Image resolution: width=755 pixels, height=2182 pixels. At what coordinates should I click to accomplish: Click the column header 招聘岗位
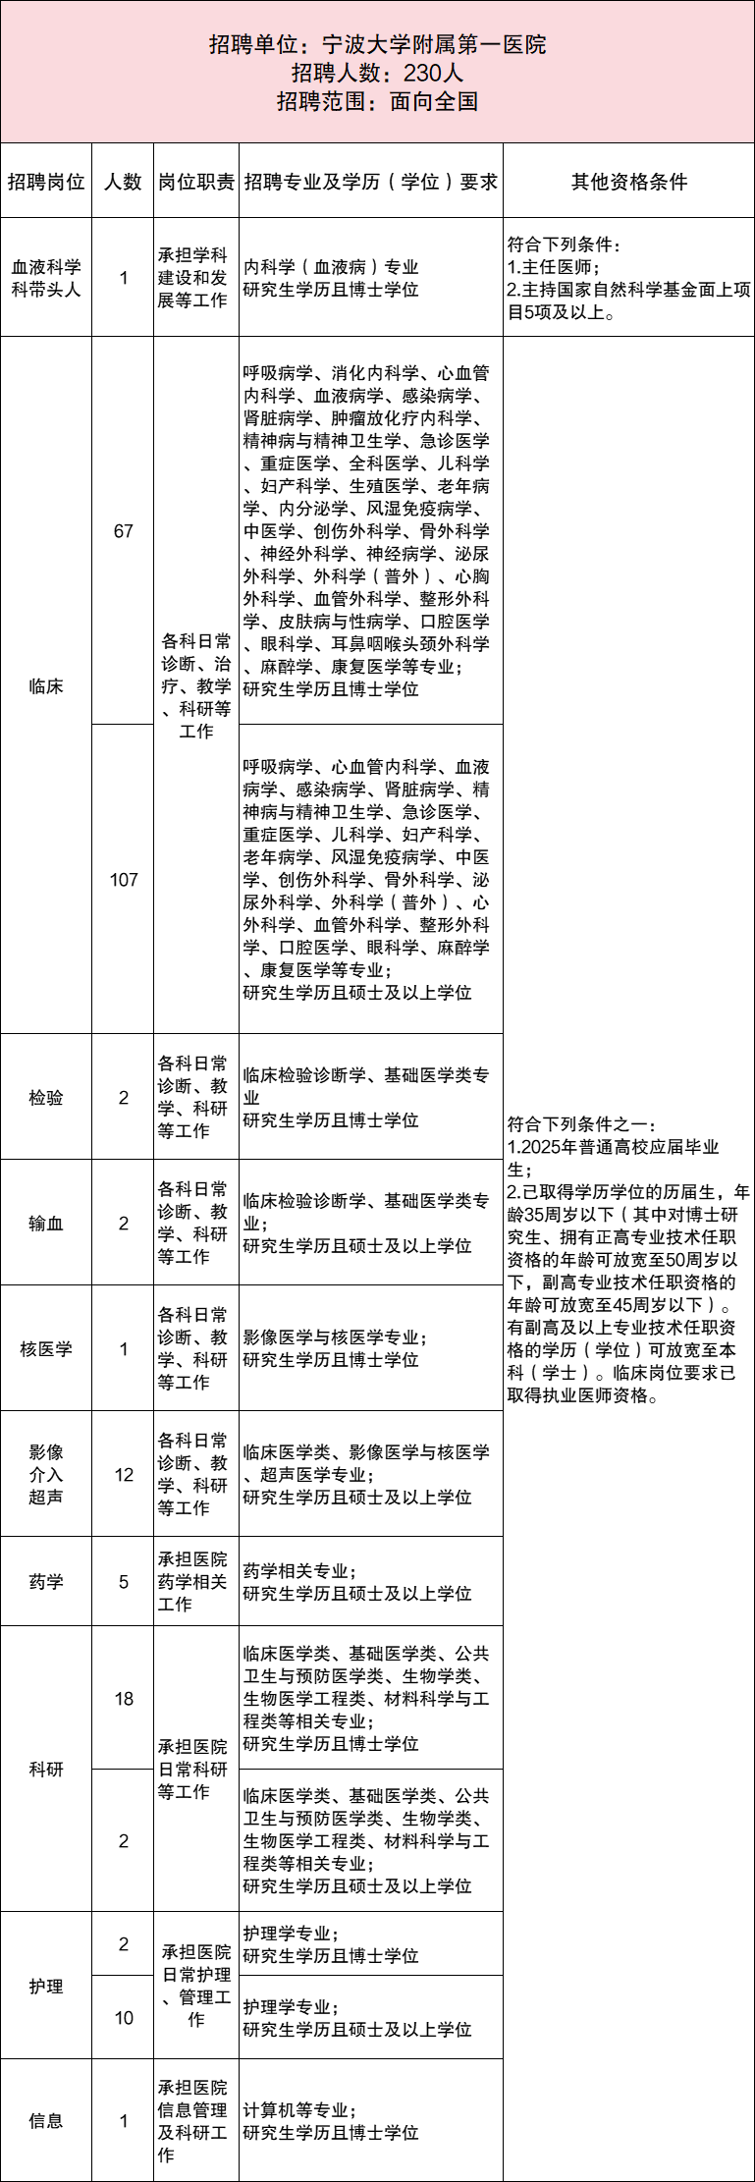pyautogui.click(x=46, y=182)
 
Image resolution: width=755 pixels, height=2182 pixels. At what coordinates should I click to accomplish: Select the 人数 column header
pyautogui.click(x=124, y=182)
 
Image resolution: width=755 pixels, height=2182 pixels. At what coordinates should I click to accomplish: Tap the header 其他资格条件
pyautogui.click(x=629, y=182)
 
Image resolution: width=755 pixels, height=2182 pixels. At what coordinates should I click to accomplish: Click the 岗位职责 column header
pyautogui.click(x=196, y=182)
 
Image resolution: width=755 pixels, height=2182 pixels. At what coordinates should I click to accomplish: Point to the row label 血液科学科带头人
pyautogui.click(x=46, y=278)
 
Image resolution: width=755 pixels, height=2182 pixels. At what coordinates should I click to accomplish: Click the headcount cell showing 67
pyautogui.click(x=124, y=531)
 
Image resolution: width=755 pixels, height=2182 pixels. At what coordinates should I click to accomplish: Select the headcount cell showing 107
pyautogui.click(x=124, y=880)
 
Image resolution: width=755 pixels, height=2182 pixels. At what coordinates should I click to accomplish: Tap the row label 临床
pyautogui.click(x=46, y=686)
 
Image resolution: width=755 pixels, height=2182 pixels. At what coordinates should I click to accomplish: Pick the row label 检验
pyautogui.click(x=46, y=1098)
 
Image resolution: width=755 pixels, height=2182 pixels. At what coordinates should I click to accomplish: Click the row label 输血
pyautogui.click(x=46, y=1224)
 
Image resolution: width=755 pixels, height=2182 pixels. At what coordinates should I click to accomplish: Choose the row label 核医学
pyautogui.click(x=46, y=1349)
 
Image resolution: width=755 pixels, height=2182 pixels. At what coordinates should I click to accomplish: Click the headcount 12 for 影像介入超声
pyautogui.click(x=124, y=1474)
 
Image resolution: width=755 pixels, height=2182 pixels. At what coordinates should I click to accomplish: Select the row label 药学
pyautogui.click(x=46, y=1582)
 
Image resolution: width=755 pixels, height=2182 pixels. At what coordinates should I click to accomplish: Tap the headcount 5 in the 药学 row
pyautogui.click(x=124, y=1582)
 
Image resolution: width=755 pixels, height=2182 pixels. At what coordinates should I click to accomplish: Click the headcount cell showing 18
pyautogui.click(x=124, y=1699)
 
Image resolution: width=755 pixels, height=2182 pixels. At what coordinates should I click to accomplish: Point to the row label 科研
pyautogui.click(x=46, y=1770)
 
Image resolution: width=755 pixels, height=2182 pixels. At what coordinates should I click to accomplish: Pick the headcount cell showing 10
pyautogui.click(x=124, y=2018)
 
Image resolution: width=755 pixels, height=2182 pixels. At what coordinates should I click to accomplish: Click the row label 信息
pyautogui.click(x=46, y=2121)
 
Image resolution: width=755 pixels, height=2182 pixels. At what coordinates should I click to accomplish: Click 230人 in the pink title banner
pyautogui.click(x=433, y=73)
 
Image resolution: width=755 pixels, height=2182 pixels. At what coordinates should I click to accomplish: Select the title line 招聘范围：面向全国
pyautogui.click(x=377, y=101)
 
